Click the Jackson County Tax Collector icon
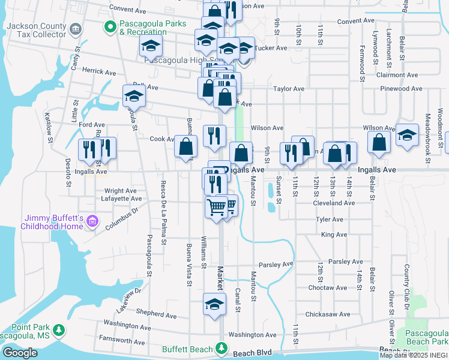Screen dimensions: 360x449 76,29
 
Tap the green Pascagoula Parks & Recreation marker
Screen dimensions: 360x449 110,26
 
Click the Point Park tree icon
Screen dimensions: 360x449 59,330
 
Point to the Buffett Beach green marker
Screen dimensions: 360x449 221,348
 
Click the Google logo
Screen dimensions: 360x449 20,352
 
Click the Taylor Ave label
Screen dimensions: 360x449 289,89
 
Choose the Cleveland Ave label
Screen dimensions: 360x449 334,203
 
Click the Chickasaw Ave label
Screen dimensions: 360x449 327,314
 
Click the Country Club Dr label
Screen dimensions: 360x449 407,282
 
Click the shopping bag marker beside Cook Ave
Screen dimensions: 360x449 187,146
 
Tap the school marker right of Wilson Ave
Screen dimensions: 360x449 407,135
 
